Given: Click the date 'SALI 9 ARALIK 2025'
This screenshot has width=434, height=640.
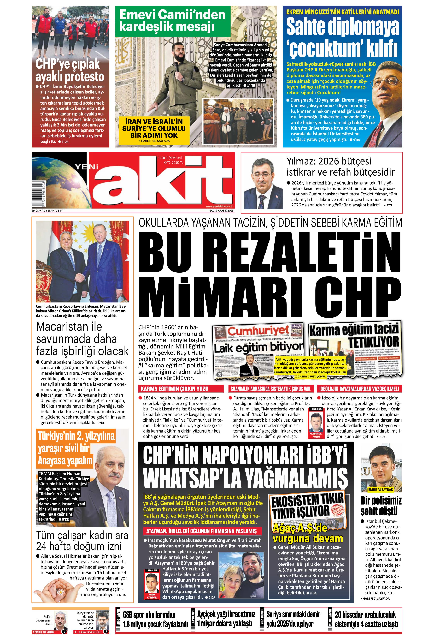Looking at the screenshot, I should [x=221, y=211].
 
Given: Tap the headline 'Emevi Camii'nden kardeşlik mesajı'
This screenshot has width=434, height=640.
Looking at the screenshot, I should [x=172, y=21].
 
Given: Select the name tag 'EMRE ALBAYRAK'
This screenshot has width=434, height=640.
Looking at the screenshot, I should [x=381, y=490].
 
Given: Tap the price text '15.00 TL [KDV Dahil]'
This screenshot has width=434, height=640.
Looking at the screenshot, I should [x=170, y=158].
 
